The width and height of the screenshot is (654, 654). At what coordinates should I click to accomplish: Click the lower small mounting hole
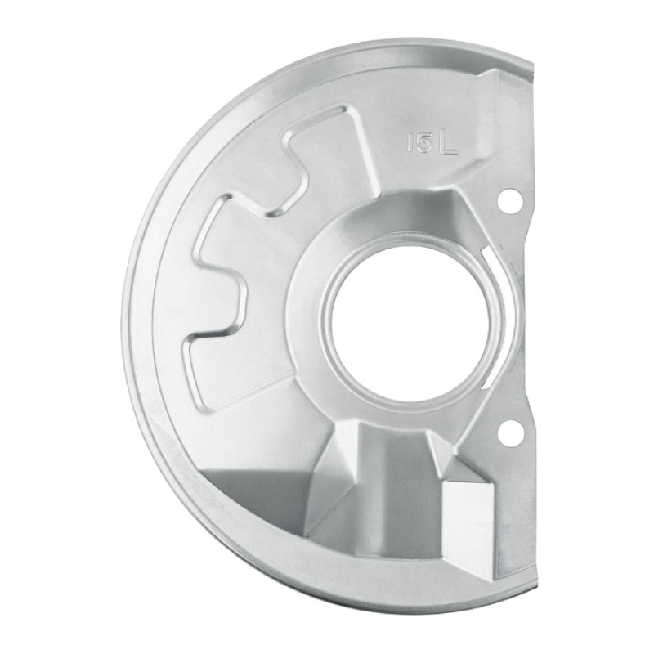509,433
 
